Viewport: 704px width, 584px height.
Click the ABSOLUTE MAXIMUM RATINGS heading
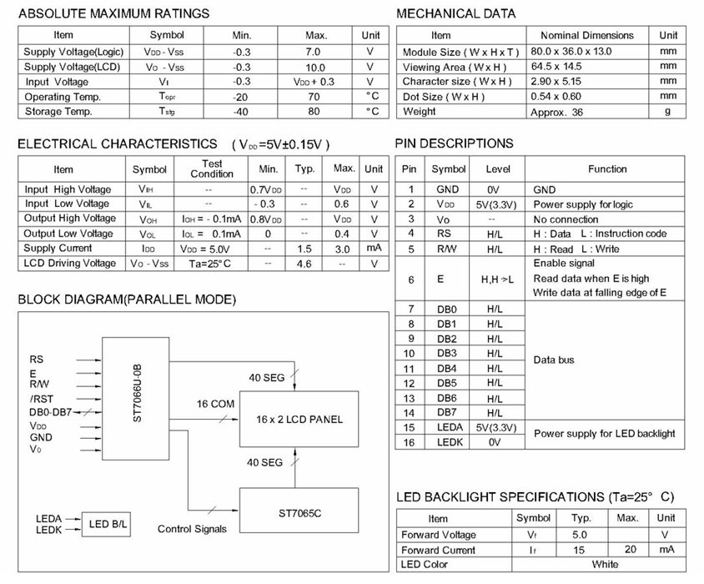coord(113,13)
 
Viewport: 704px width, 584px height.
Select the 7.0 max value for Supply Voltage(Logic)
coord(316,52)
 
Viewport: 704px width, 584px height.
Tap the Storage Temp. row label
coord(58,112)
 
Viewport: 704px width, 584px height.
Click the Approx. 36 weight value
coord(556,112)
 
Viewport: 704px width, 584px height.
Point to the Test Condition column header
coord(212,169)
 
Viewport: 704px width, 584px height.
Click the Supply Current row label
coord(58,249)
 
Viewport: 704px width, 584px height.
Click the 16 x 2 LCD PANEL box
coord(299,419)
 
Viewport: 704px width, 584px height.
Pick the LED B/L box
coord(108,524)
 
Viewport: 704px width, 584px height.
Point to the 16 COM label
coord(215,404)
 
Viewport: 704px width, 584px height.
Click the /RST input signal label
coord(41,399)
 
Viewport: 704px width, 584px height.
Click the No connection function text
coord(566,219)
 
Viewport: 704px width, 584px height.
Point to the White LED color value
coord(606,565)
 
